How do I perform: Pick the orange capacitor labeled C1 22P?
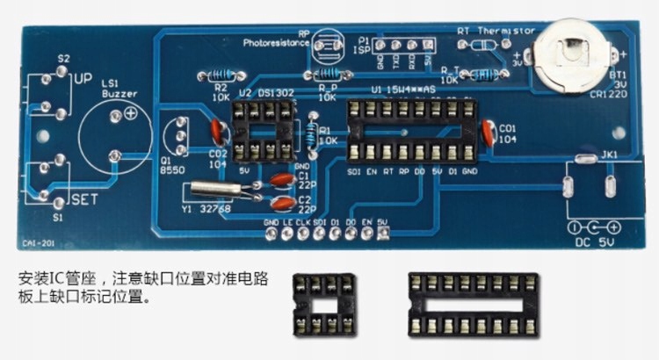[x=281, y=180]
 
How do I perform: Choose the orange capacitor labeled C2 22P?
[x=281, y=205]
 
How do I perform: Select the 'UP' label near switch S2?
[x=83, y=78]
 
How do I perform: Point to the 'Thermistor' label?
[x=507, y=29]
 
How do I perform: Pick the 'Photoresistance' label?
[x=278, y=41]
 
